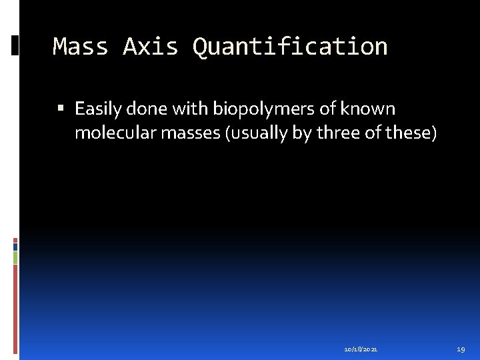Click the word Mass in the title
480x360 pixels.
tap(80, 47)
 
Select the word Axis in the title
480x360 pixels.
tap(151, 47)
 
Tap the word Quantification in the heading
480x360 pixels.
tap(290, 47)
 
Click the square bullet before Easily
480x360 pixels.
tap(61, 109)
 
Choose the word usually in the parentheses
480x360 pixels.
tap(257, 133)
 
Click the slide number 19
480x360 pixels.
tap(461, 349)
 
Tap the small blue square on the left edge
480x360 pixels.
tap(15, 246)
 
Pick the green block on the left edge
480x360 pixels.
tap(15, 257)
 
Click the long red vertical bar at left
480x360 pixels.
tap(15, 307)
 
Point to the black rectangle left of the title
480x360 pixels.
tap(15, 45)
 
